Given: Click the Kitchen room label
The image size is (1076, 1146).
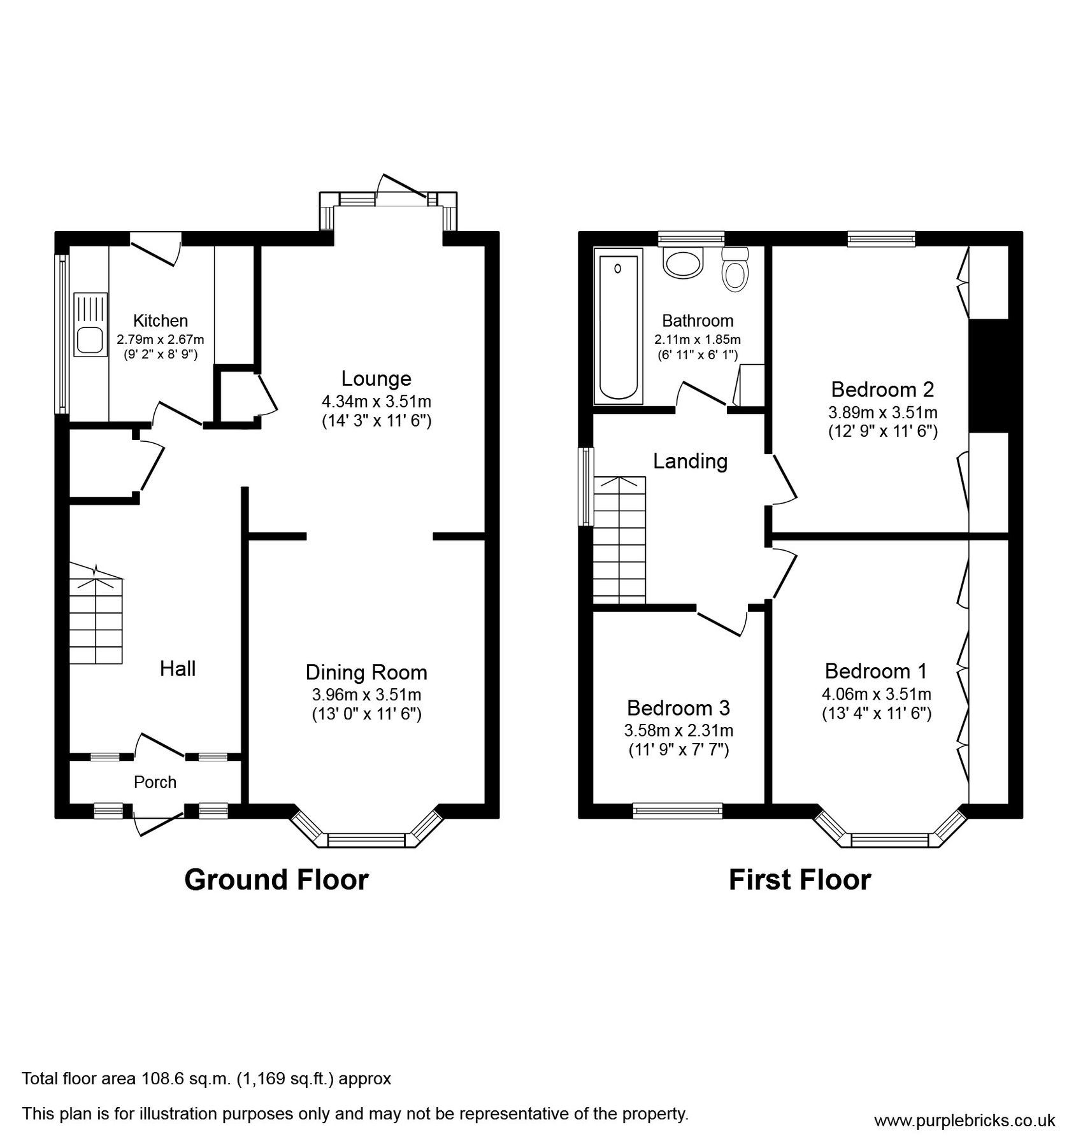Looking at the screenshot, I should click(160, 321).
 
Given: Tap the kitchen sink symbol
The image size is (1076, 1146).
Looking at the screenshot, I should click(90, 325).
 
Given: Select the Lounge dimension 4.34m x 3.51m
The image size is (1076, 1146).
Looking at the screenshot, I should click(376, 402).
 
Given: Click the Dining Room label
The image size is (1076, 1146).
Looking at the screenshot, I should click(366, 672).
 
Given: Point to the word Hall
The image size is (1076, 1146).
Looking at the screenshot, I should click(177, 668).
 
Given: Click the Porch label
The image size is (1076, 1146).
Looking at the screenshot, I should click(155, 782).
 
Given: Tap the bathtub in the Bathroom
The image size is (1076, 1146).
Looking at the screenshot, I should click(618, 326).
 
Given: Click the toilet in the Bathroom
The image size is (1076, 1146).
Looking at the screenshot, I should click(735, 270).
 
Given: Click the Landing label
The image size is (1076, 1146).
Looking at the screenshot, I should click(690, 461).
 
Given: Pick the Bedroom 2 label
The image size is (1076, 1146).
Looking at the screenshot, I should click(882, 388).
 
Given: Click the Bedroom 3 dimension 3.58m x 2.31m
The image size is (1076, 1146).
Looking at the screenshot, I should click(678, 730).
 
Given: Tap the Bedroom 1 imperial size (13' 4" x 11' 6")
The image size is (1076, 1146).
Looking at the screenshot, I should click(877, 714).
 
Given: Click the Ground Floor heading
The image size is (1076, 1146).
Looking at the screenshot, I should click(276, 880).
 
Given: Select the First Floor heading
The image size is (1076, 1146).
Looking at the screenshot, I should click(800, 880).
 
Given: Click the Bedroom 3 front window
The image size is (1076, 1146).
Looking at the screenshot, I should click(678, 810).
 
